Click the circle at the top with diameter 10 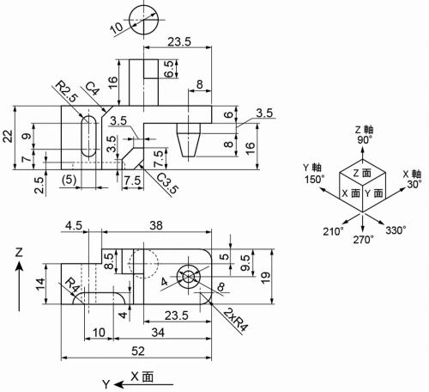(142, 17)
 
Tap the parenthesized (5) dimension (72, 180)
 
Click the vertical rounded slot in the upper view (87, 138)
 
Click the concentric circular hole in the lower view (188, 277)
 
